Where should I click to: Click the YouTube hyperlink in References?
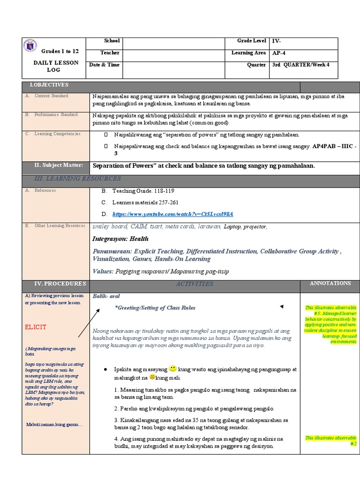point(172,214)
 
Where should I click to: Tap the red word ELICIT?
point(35,327)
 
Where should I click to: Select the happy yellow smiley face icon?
point(172,368)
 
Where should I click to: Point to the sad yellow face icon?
point(152,377)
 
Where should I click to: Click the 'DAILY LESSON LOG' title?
point(56,66)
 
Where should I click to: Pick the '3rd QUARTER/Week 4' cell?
point(301,65)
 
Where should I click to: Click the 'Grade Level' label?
point(251,41)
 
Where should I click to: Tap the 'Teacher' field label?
point(110,53)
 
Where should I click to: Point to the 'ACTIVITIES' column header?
point(194,284)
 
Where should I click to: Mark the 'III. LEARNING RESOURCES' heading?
point(77,179)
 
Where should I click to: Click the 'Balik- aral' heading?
point(104,296)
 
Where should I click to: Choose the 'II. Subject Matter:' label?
point(59,165)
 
